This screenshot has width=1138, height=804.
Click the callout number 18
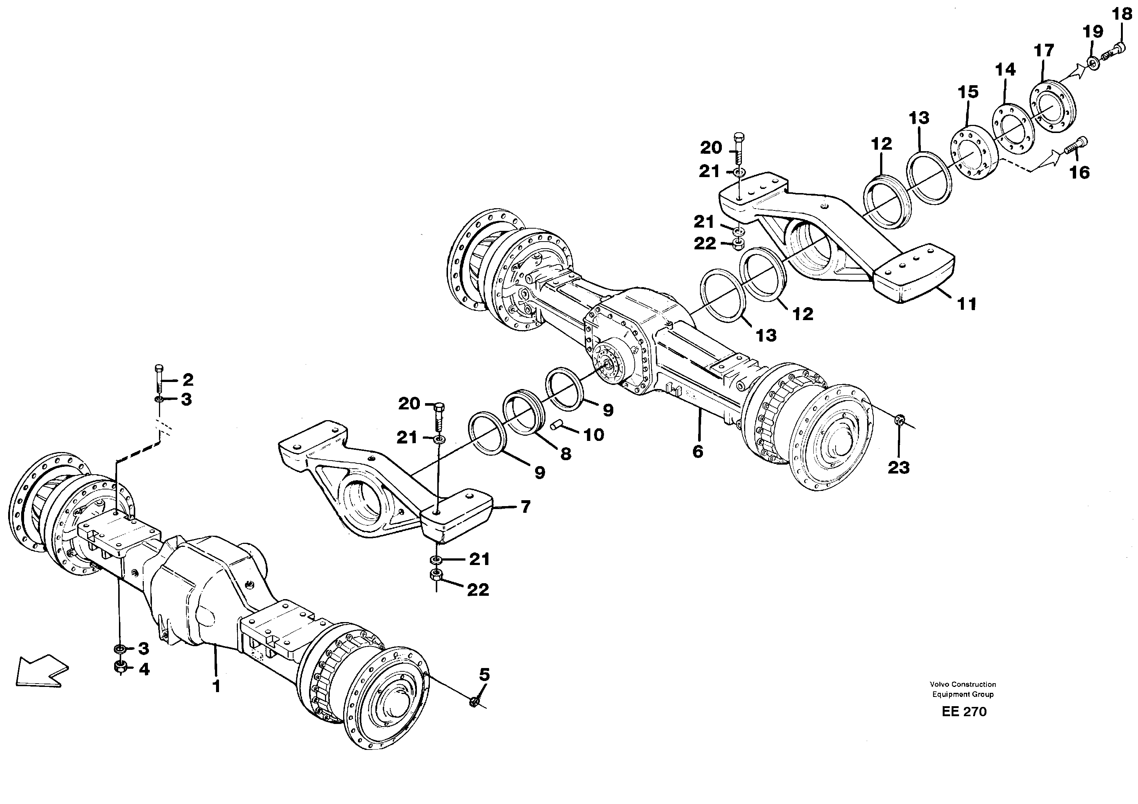1122,14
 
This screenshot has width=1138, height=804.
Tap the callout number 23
898,468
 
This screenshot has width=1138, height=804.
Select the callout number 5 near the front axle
484,675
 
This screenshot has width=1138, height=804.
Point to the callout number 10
593,435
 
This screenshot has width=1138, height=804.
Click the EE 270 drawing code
964,711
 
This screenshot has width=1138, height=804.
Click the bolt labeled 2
159,380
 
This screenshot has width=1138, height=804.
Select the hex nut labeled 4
119,667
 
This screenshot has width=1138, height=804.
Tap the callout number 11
966,303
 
